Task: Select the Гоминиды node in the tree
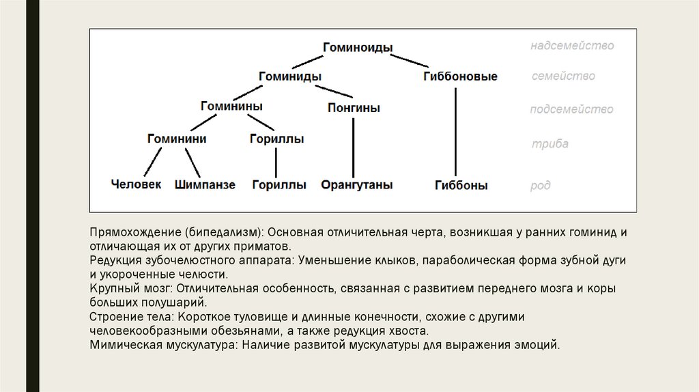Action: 289,76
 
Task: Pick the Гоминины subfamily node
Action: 231,107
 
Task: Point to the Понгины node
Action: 354,108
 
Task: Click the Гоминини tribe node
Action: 176,139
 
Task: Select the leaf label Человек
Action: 136,184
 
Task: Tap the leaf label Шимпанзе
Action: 205,184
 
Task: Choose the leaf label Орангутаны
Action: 356,184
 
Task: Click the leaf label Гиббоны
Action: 461,185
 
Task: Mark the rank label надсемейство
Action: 572,46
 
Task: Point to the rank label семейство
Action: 563,76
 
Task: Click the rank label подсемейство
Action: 571,109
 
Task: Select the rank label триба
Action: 550,144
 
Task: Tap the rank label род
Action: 541,186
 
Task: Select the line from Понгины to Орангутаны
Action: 354,147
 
